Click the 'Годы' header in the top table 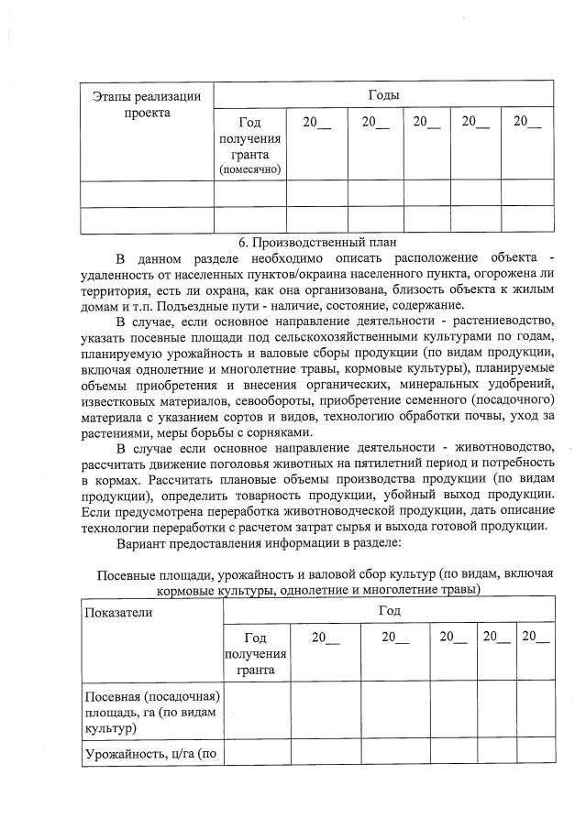tap(383, 94)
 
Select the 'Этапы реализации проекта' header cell tap(148, 104)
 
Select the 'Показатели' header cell tap(119, 612)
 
